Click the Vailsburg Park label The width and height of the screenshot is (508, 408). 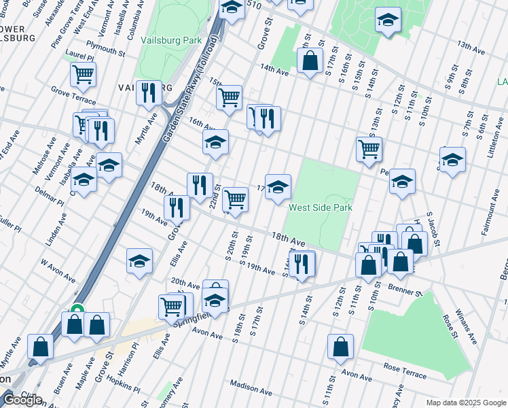click(x=171, y=40)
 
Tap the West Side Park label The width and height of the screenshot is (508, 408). click(x=321, y=207)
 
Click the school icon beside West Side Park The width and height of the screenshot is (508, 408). click(x=278, y=188)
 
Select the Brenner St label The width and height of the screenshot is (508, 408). click(x=406, y=291)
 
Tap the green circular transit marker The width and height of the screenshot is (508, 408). click(x=77, y=310)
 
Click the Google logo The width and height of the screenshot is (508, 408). click(x=22, y=400)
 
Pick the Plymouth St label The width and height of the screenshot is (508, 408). click(x=106, y=51)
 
